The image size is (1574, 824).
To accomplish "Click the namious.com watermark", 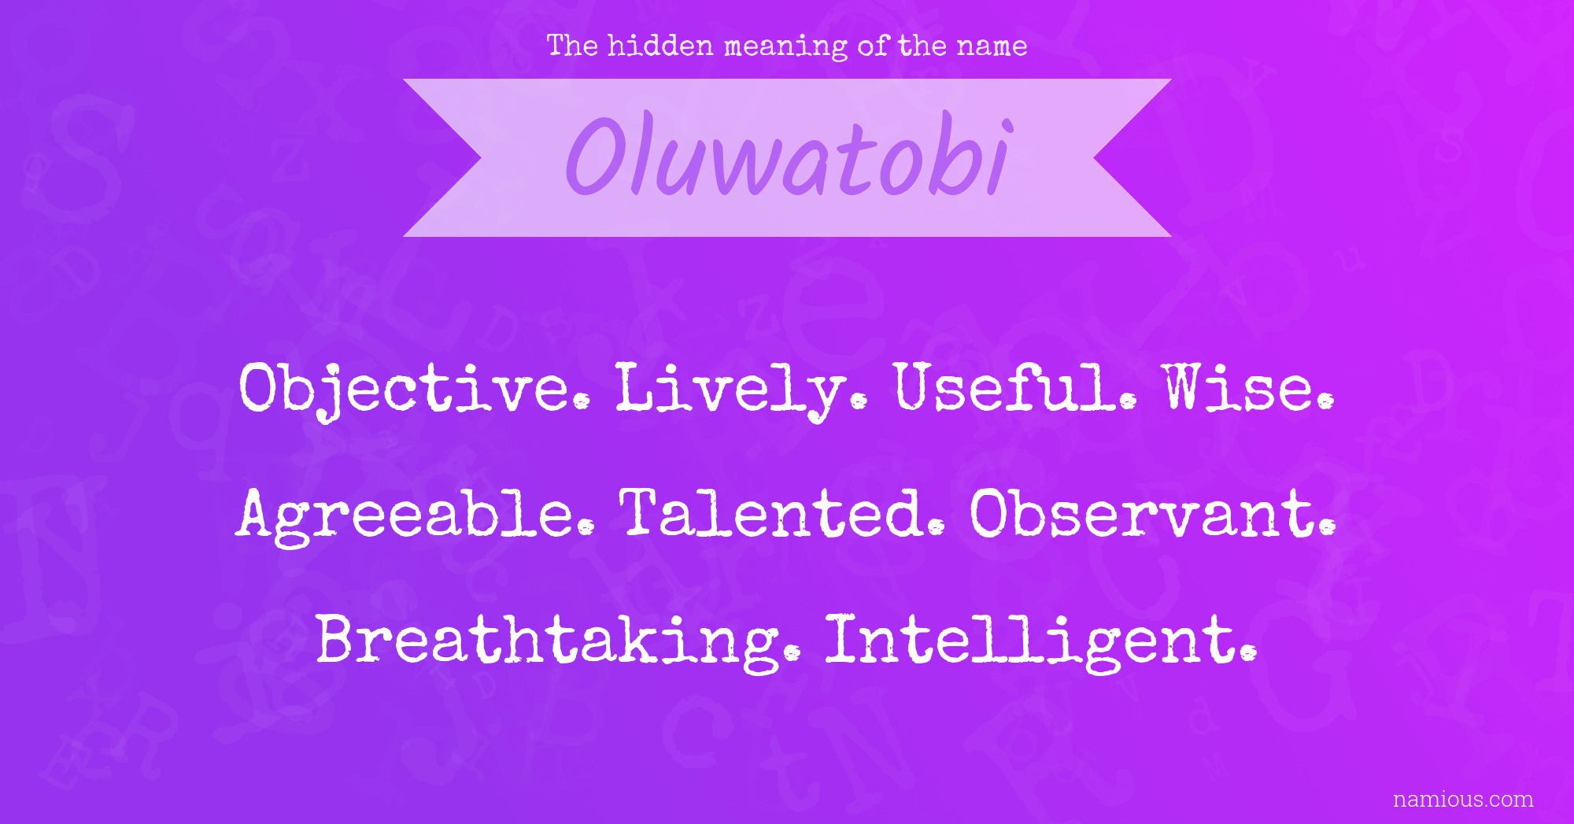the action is (x=1463, y=800).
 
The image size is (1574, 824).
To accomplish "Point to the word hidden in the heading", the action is (x=660, y=46).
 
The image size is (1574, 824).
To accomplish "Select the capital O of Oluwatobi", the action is (x=600, y=155).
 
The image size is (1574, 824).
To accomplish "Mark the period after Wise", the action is (x=1325, y=401).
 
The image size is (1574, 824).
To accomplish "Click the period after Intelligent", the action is (x=1247, y=653).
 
